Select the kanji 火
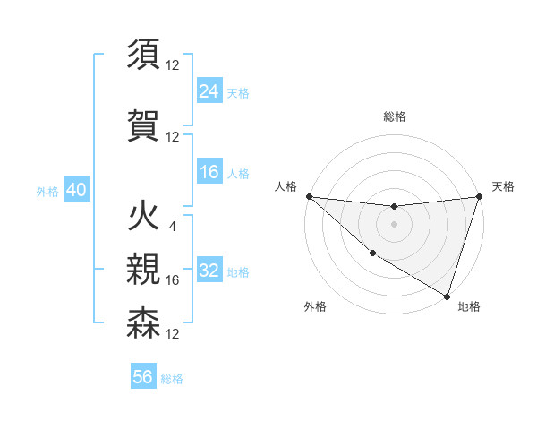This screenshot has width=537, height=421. pos(143,218)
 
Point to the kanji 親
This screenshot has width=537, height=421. pos(143,269)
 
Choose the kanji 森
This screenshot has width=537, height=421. pos(143,322)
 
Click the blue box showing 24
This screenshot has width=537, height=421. pos(209,91)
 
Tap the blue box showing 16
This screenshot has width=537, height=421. pos(209,172)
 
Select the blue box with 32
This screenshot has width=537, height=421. pos(209,271)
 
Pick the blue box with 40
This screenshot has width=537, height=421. pos(76,191)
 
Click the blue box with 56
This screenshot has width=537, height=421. pos(143,377)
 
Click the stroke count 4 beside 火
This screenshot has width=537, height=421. pos(172,226)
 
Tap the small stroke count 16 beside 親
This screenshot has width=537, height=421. pos(173,280)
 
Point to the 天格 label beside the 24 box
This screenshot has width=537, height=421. pos(238,92)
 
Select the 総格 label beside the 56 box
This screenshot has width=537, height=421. pos(172,378)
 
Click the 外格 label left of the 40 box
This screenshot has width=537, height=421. pos(47,192)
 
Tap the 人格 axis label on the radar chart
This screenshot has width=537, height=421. pos(286,186)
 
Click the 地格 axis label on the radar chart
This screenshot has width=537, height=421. pos(469,306)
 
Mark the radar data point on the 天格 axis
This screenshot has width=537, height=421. pos(479,196)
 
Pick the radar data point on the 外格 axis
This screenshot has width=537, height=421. pos(372,253)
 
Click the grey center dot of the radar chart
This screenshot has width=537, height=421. pos(394,224)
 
